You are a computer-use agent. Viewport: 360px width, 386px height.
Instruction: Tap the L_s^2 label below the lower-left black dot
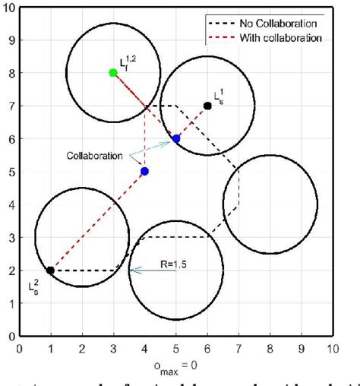35,286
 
